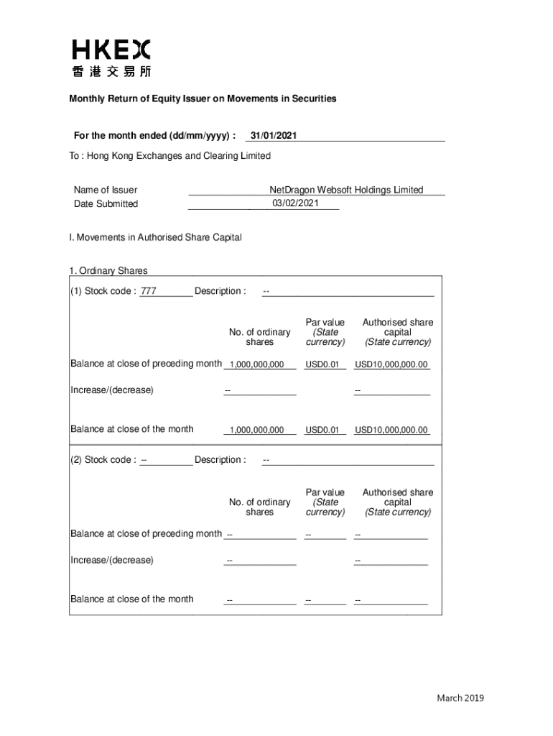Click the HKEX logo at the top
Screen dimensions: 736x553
[x=111, y=50]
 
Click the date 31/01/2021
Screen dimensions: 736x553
[x=272, y=136]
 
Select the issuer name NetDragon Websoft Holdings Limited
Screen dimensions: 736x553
[x=346, y=190]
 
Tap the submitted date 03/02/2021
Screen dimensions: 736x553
[x=295, y=203]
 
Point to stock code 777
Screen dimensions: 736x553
[x=149, y=291]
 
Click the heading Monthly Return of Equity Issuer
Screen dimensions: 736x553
[x=203, y=98]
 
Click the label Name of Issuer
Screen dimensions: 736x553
[x=106, y=190]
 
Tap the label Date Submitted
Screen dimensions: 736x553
[x=106, y=204]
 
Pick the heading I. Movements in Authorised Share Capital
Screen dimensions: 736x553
[x=156, y=236]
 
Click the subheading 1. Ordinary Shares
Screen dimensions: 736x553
[x=108, y=271]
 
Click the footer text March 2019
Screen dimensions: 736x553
[x=460, y=698]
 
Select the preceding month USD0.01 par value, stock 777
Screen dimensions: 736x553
[x=322, y=364]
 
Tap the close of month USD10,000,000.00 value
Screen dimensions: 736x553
[x=391, y=431]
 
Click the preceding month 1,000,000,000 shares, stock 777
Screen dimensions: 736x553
[x=257, y=364]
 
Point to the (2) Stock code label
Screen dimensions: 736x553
[x=103, y=460]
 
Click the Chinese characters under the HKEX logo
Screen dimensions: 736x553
[x=111, y=71]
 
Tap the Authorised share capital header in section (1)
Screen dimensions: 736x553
[x=397, y=332]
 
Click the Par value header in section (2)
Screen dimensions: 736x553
[x=325, y=502]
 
